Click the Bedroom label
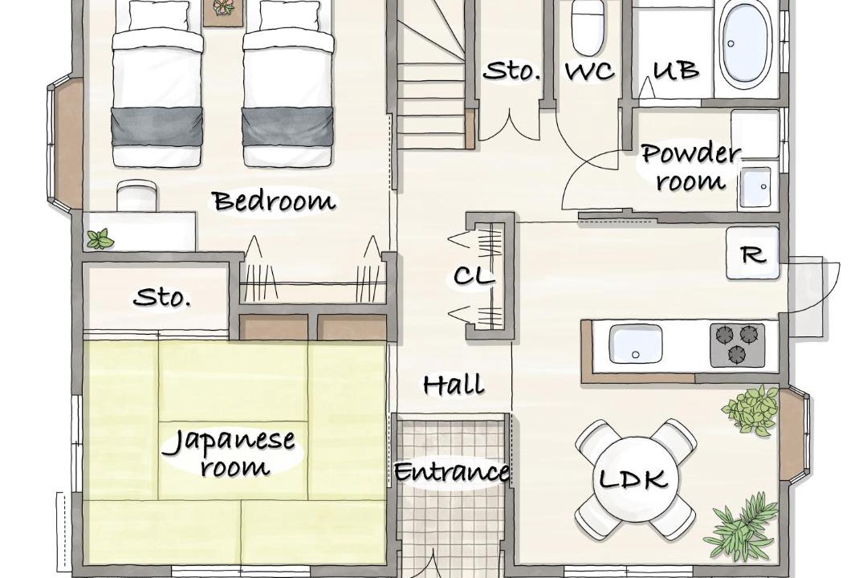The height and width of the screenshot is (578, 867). (275, 201)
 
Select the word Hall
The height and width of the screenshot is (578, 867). (454, 384)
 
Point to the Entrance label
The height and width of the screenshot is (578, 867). (451, 472)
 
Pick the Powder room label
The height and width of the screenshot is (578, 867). (690, 167)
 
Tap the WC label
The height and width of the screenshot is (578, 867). (589, 71)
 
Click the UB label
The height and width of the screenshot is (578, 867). (676, 71)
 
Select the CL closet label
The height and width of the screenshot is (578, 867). (474, 275)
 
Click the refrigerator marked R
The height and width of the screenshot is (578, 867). (753, 254)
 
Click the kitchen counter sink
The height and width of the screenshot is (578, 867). (635, 344)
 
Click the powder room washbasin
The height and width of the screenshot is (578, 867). (755, 187)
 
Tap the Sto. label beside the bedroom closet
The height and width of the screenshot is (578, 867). (162, 298)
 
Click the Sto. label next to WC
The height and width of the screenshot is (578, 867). (511, 71)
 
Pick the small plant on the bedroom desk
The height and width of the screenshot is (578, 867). (100, 239)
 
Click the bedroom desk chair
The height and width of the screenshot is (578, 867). (136, 195)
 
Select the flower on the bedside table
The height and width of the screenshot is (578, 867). (223, 7)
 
